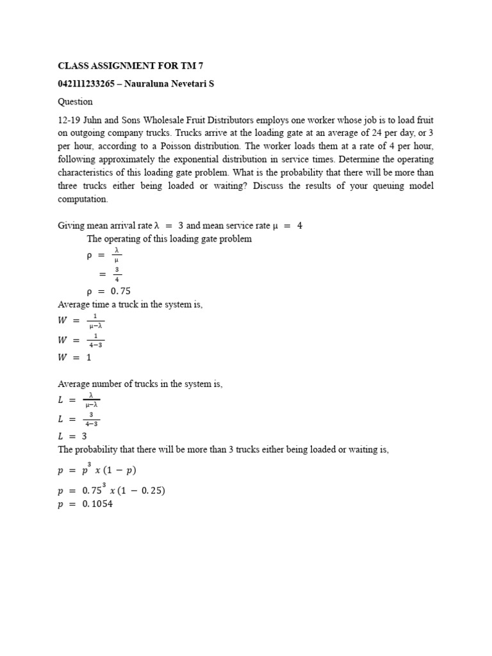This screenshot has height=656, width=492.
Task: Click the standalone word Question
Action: coord(75,101)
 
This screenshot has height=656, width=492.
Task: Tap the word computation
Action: coord(83,199)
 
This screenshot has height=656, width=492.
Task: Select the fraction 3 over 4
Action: coord(117,274)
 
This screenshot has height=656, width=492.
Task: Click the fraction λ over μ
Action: coord(117,255)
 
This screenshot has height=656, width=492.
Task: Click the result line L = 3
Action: coord(72,436)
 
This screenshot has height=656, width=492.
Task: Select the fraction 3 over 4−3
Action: coord(92,419)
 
